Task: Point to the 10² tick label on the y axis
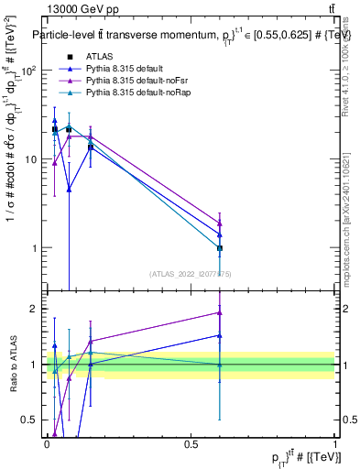pos(29,71)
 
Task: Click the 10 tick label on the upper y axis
pos(32,159)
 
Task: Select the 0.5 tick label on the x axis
pos(191,444)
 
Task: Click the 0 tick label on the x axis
pos(48,444)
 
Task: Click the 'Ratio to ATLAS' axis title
pos(12,365)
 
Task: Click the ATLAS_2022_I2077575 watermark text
pos(190,273)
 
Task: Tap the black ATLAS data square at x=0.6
pos(220,248)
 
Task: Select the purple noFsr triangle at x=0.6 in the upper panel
pos(220,223)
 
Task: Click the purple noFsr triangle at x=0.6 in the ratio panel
pos(220,312)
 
